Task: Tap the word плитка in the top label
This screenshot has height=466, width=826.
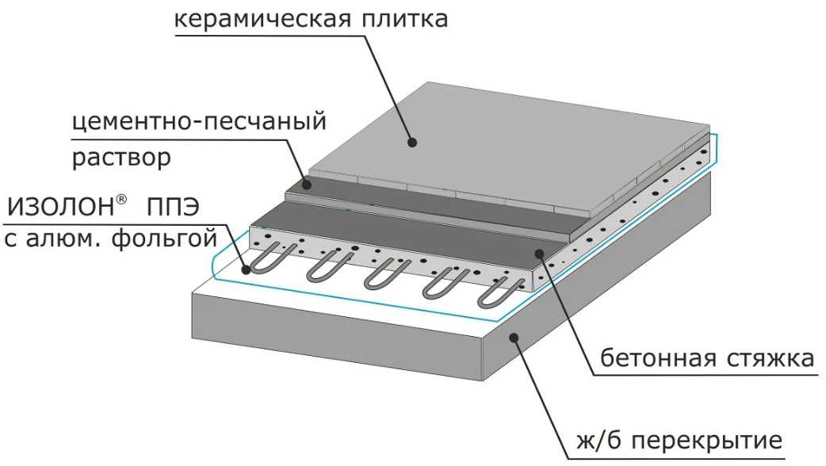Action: click(x=404, y=19)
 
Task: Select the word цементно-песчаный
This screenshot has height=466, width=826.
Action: click(x=199, y=123)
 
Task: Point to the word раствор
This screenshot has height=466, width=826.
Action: click(x=121, y=158)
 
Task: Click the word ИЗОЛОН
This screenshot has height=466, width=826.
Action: click(x=60, y=208)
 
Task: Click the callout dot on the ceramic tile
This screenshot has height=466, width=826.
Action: click(x=412, y=142)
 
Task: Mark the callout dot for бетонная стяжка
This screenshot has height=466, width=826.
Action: click(x=539, y=254)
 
